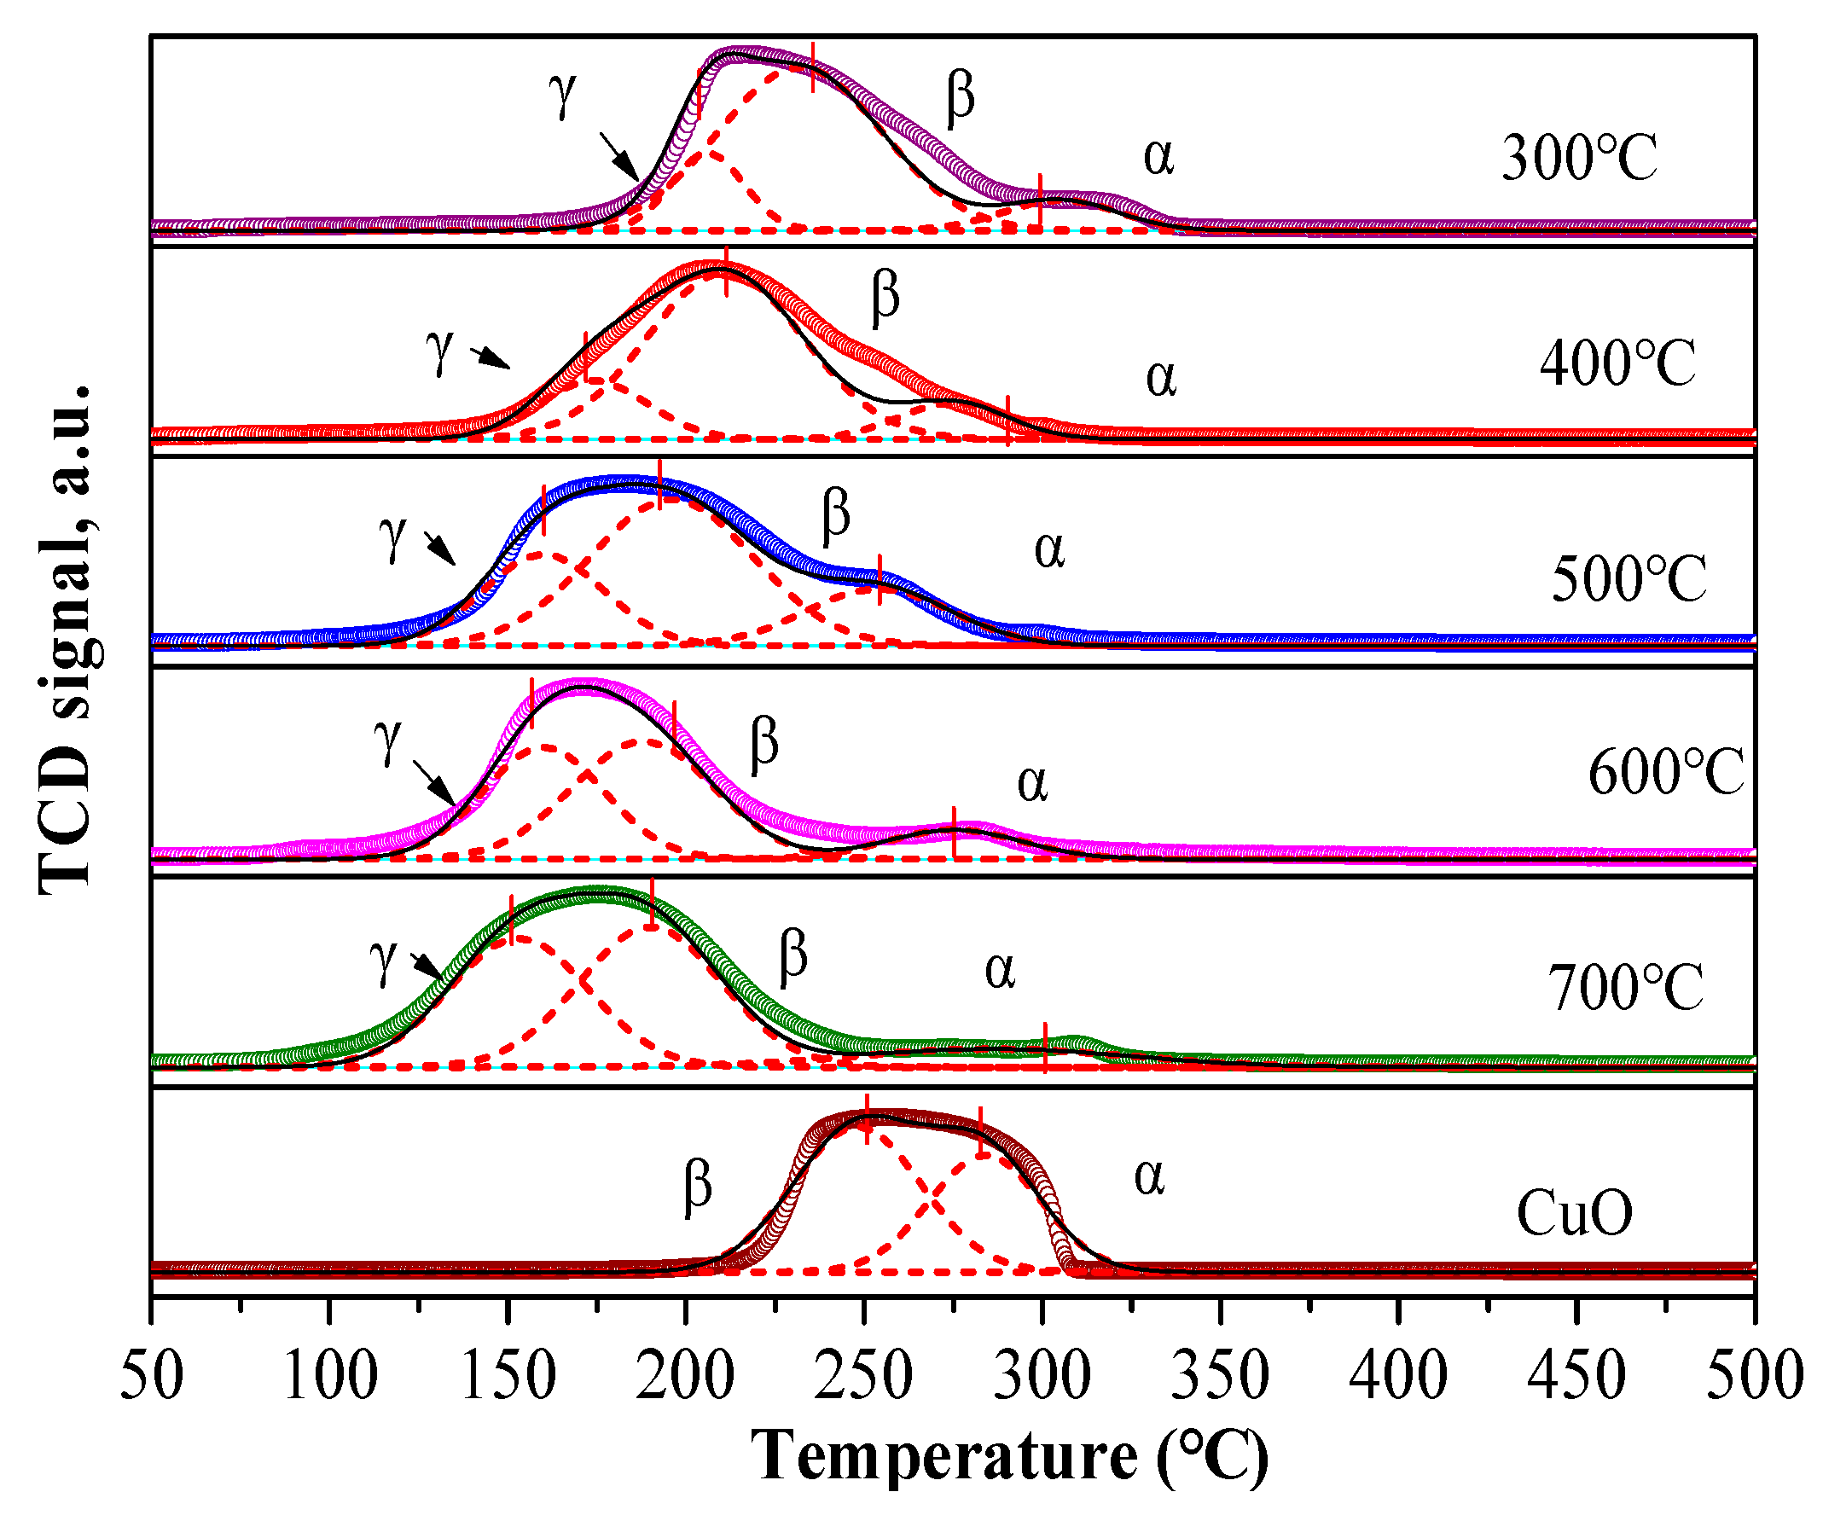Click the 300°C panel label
pyautogui.click(x=1578, y=158)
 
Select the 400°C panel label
pyautogui.click(x=1617, y=363)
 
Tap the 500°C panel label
pyautogui.click(x=1628, y=579)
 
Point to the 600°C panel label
pyautogui.click(x=1665, y=772)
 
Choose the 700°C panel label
pyautogui.click(x=1625, y=988)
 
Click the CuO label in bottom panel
pyautogui.click(x=1574, y=1213)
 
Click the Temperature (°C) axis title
pyautogui.click(x=1008, y=1456)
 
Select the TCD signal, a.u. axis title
pyautogui.click(x=67, y=638)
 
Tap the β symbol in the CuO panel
pyautogui.click(x=698, y=1186)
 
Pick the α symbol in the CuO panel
pyautogui.click(x=1148, y=1178)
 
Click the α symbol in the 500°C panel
pyautogui.click(x=1048, y=550)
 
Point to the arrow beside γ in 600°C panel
pyautogui.click(x=433, y=782)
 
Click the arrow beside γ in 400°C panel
pyautogui.click(x=491, y=357)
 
